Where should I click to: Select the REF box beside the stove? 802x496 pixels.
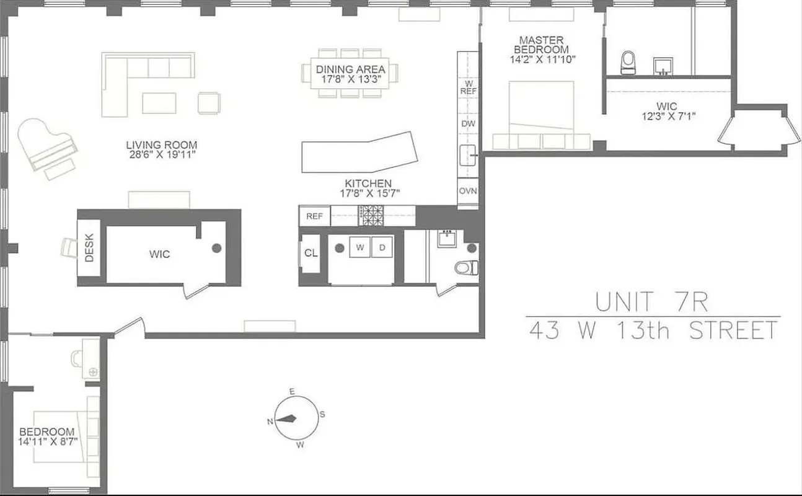pyautogui.click(x=315, y=216)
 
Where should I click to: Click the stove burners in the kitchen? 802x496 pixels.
pyautogui.click(x=372, y=216)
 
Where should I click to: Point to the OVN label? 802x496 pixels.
pyautogui.click(x=467, y=191)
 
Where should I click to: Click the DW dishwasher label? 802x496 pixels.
pyautogui.click(x=468, y=123)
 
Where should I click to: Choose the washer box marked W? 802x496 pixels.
pyautogui.click(x=359, y=247)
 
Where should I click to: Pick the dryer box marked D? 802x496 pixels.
pyautogui.click(x=382, y=247)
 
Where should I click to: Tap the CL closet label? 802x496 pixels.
pyautogui.click(x=311, y=253)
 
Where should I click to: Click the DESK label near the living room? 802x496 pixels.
pyautogui.click(x=89, y=247)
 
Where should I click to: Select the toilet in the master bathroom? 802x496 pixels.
pyautogui.click(x=628, y=62)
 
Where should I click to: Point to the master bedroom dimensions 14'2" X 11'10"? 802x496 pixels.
pyautogui.click(x=544, y=60)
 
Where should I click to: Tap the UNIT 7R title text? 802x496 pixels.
pyautogui.click(x=651, y=302)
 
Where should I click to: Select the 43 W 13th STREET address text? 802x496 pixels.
pyautogui.click(x=653, y=330)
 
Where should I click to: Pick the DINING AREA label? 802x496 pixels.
pyautogui.click(x=350, y=69)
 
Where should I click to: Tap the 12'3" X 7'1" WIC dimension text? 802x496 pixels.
pyautogui.click(x=668, y=115)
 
